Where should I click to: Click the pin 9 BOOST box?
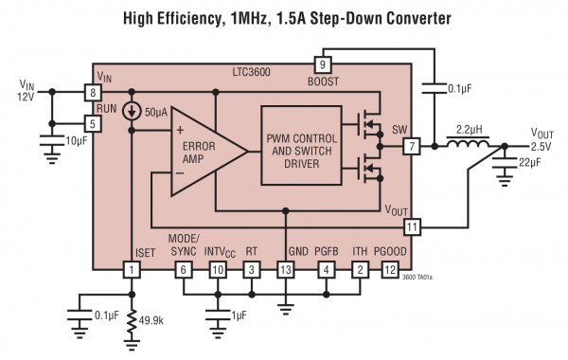click(x=321, y=64)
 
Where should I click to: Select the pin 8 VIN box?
click(x=93, y=92)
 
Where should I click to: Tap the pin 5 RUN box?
click(x=93, y=122)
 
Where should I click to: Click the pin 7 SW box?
click(x=411, y=146)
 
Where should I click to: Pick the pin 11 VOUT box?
click(x=411, y=226)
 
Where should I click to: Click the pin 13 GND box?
click(x=285, y=270)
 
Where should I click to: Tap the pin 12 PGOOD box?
click(x=389, y=270)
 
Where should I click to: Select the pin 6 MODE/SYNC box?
click(x=185, y=270)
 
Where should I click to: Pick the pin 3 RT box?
click(x=251, y=270)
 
